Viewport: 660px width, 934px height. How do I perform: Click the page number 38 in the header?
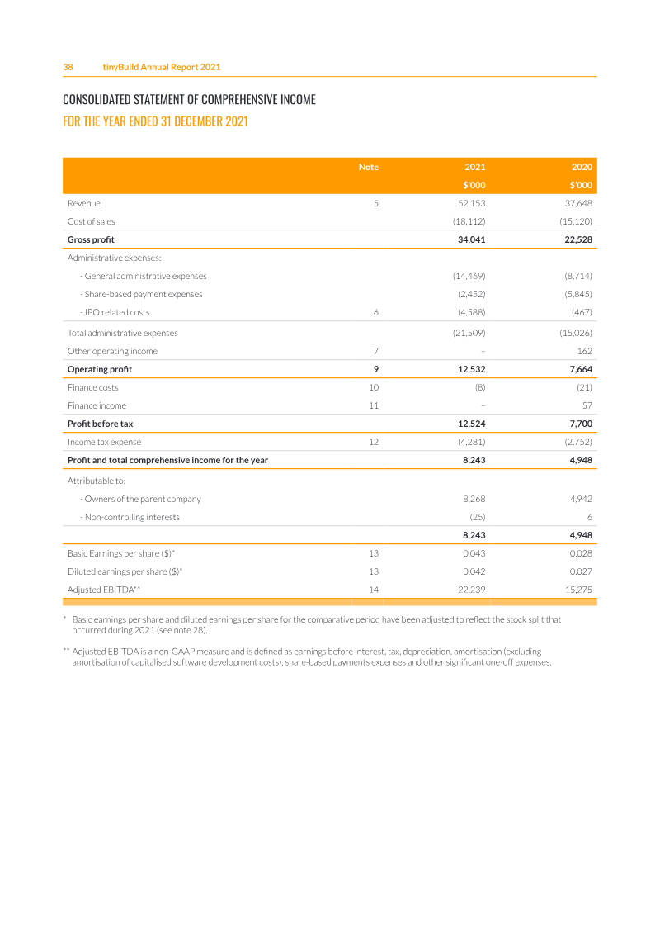pos(68,67)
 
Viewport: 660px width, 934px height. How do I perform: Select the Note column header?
pos(369,167)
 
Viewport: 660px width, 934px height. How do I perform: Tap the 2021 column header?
pos(475,167)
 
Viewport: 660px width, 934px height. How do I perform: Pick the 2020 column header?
pos(582,167)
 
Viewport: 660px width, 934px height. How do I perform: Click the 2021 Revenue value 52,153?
pos(471,203)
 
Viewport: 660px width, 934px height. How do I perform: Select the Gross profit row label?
pos(91,239)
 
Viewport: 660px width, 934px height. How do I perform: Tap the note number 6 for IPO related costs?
pos(375,312)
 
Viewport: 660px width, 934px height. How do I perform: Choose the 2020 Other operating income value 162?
pos(585,351)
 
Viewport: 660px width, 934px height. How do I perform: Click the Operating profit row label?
pos(99,369)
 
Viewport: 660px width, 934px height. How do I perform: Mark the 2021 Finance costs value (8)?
pos(479,387)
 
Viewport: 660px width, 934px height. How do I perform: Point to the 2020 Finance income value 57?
pos(587,405)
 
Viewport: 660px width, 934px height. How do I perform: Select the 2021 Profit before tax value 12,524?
pos(471,424)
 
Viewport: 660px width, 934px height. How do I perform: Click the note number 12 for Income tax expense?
pos(373,442)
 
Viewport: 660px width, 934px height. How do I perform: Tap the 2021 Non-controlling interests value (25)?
pos(476,517)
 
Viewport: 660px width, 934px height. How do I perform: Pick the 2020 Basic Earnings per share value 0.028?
pos(581,553)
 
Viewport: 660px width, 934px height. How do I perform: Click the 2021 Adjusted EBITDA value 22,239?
pos(471,590)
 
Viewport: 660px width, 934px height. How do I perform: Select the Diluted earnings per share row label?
pos(125,571)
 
